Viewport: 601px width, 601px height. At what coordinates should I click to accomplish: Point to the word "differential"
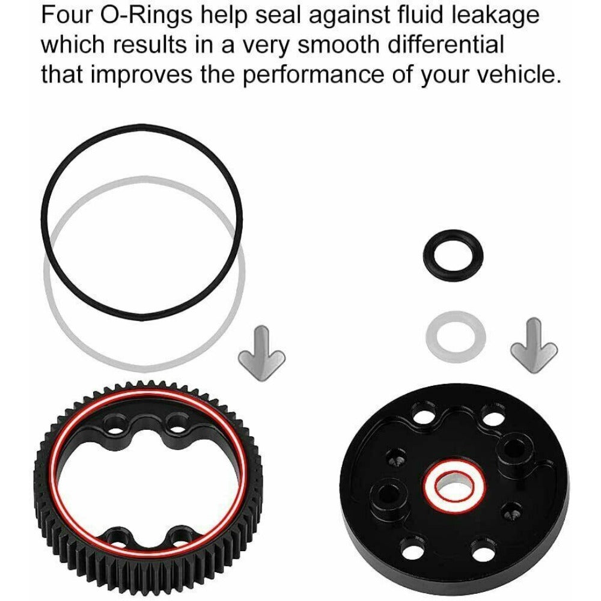445,45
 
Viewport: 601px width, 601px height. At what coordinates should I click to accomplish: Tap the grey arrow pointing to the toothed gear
262,353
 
